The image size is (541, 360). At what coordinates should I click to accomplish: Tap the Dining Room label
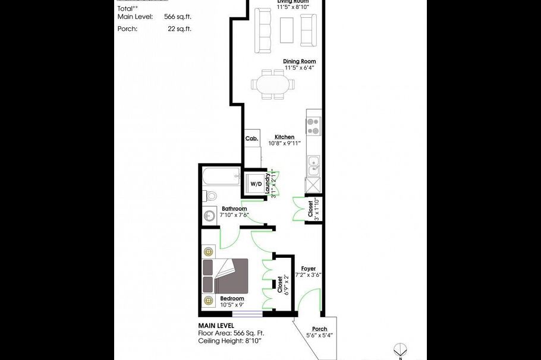pos(299,61)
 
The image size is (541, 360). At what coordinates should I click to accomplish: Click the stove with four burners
pos(313,126)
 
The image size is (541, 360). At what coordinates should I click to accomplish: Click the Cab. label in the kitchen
pos(251,138)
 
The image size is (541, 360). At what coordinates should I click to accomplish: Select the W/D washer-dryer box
pos(256,184)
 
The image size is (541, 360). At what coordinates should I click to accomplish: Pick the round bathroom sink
pos(209,215)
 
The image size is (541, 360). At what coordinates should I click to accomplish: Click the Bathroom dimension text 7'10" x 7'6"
pos(234,215)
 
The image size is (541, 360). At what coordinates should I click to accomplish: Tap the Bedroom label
pos(232,298)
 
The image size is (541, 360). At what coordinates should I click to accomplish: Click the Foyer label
pos(308,269)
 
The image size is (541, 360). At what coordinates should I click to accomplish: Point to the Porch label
pos(319,329)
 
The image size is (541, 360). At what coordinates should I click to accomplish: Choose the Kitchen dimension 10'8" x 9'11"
pos(284,143)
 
